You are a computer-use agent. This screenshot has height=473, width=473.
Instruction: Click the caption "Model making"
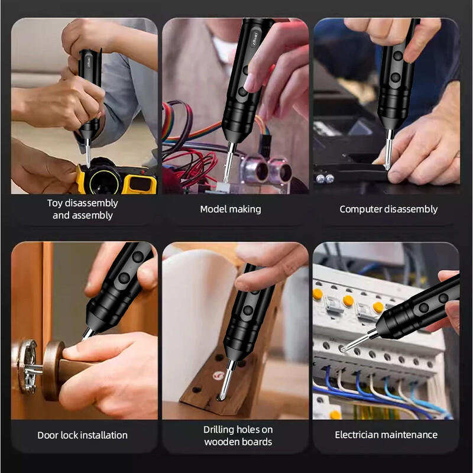click(x=230, y=209)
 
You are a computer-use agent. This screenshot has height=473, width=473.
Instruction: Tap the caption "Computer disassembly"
click(x=388, y=209)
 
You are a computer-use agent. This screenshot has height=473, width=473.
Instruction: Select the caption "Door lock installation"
click(x=82, y=435)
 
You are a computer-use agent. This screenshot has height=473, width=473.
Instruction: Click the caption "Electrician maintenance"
click(x=386, y=435)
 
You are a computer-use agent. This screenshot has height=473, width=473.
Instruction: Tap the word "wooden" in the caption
click(x=219, y=442)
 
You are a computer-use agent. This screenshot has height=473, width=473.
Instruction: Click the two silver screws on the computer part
click(x=324, y=179)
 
